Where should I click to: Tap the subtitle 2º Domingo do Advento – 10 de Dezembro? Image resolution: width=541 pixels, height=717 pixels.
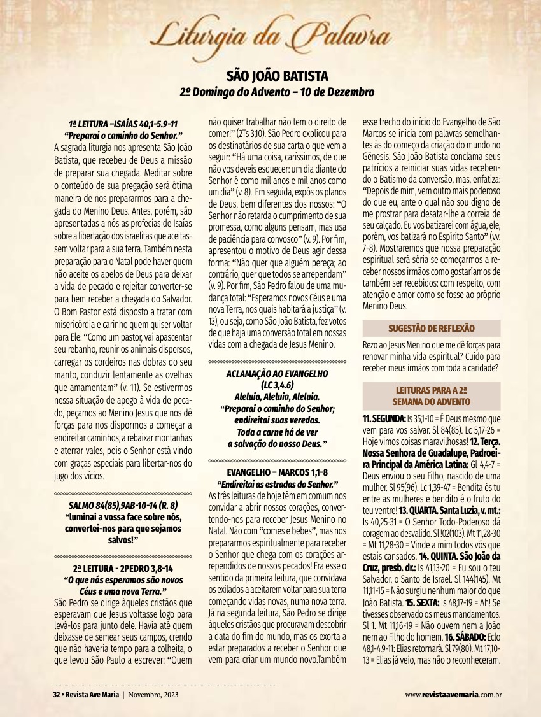[276, 92]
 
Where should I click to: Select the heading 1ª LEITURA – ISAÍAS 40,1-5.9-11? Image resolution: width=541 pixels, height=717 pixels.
[123, 124]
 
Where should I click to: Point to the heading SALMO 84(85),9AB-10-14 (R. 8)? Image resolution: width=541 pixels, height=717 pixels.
[123, 506]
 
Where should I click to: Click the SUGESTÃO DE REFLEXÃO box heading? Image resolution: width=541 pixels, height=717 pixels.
[432, 328]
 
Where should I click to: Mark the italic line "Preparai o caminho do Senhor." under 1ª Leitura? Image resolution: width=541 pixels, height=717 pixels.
[123, 135]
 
